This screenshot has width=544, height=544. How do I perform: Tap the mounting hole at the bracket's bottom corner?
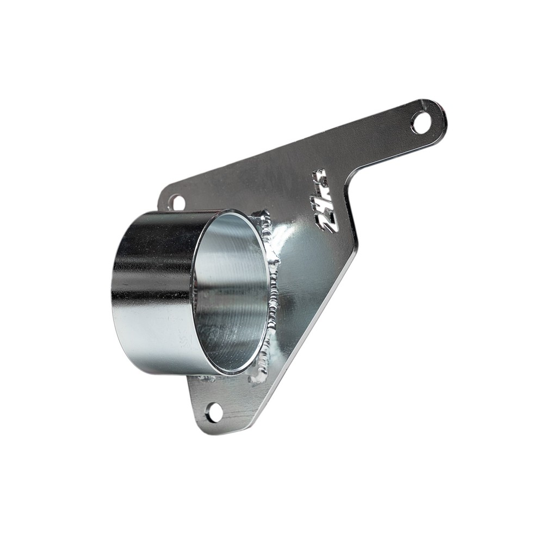pos(215,412)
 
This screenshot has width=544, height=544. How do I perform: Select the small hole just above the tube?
pos(176,202)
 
